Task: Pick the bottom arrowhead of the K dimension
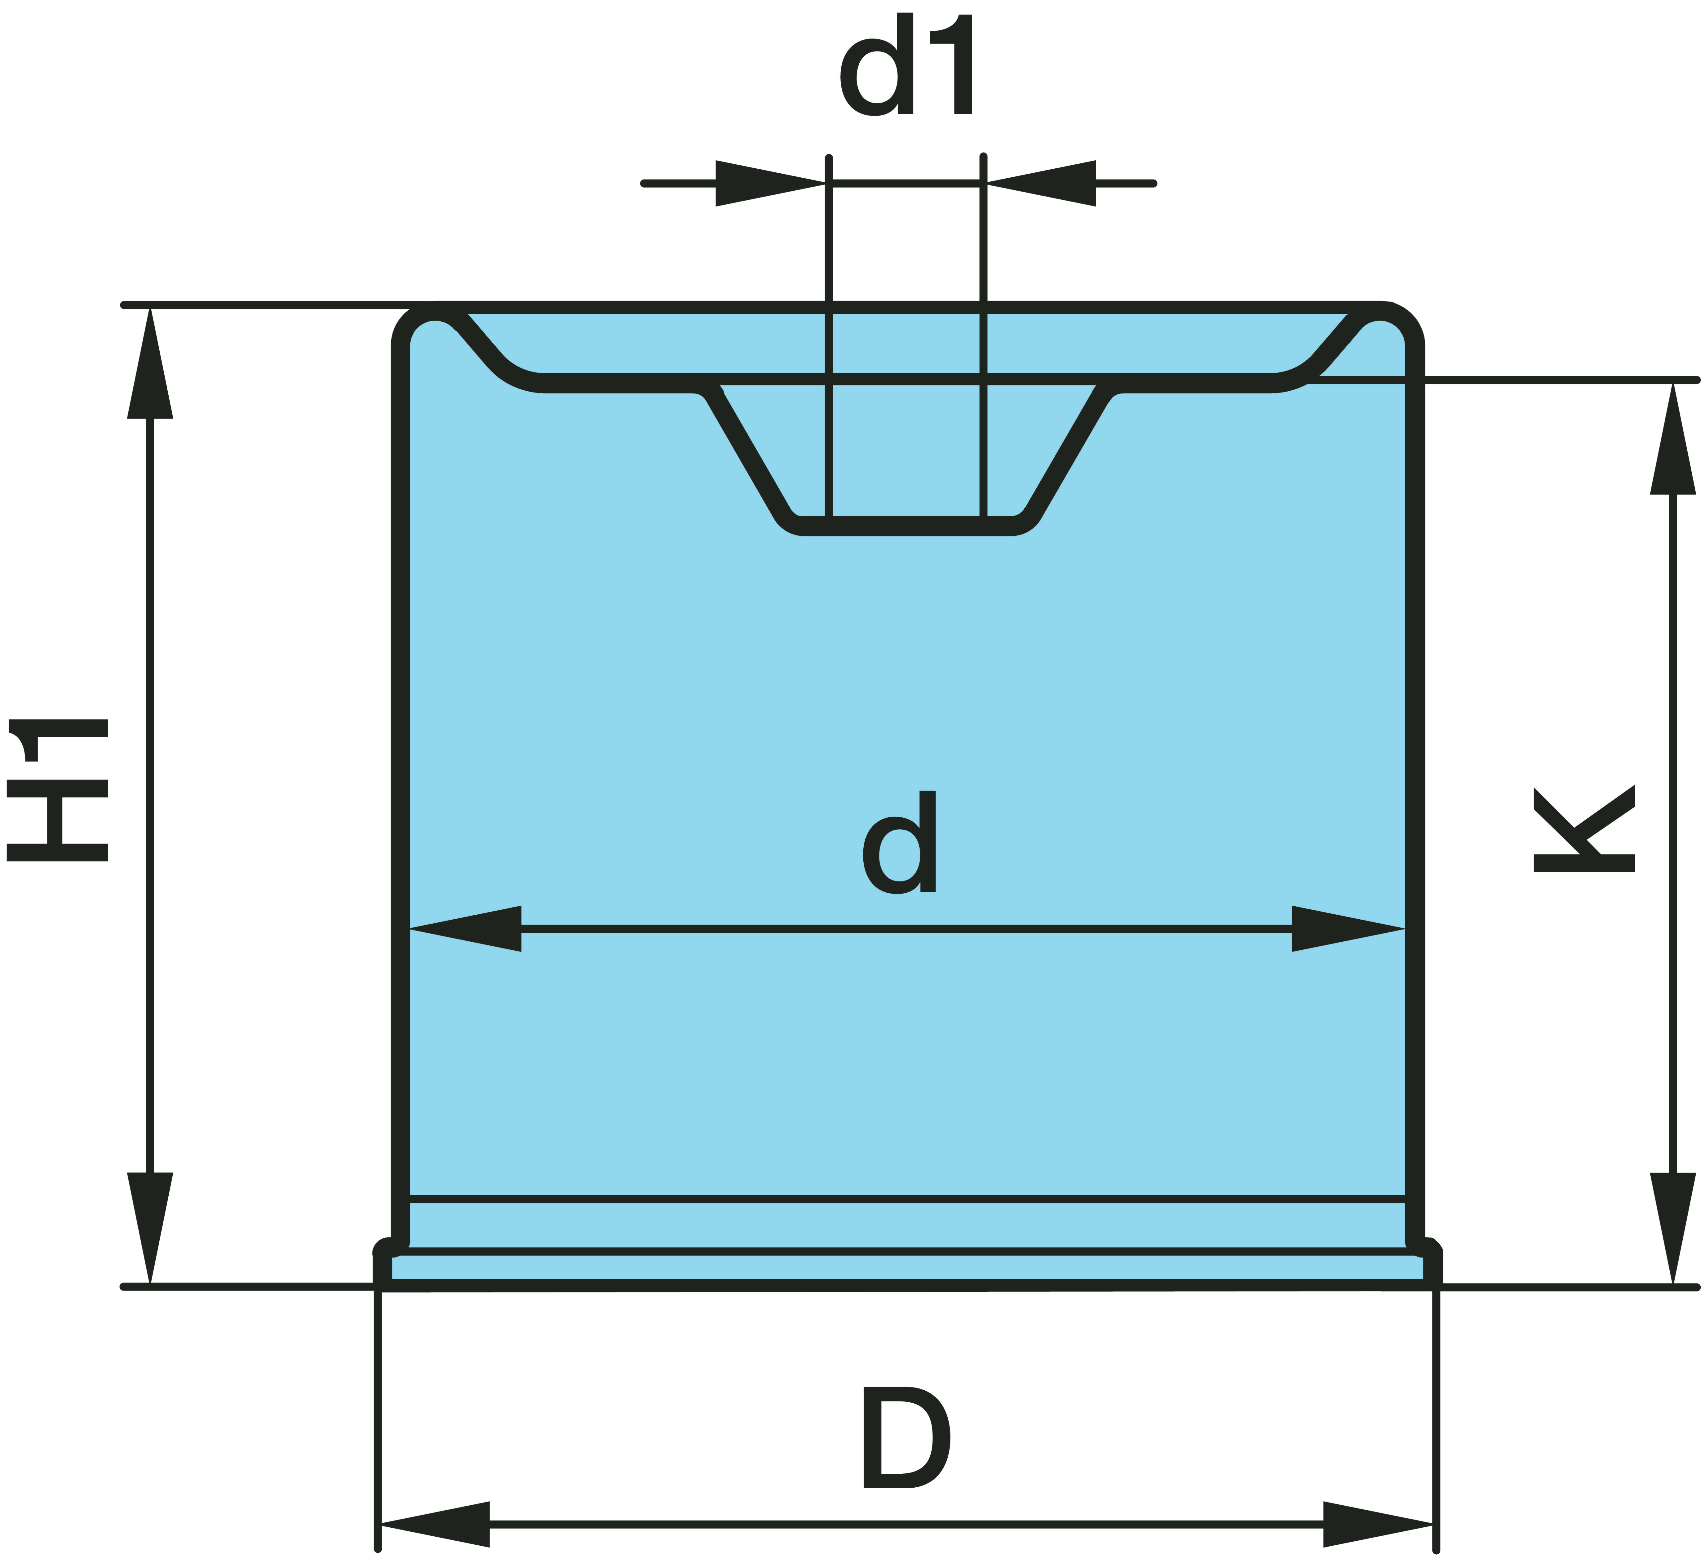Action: (x=1673, y=1228)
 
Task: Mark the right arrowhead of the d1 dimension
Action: (x=1040, y=183)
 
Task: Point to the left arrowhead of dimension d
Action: (x=465, y=929)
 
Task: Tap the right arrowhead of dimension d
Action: (x=1348, y=929)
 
